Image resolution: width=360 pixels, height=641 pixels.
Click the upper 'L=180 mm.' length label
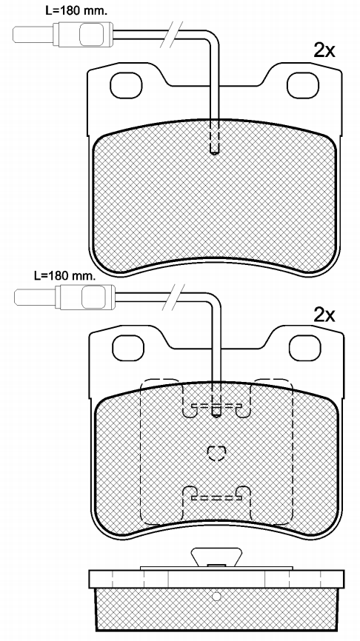click(76, 11)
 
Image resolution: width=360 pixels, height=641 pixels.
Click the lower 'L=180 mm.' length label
click(65, 275)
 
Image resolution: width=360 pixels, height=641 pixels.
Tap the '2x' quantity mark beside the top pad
click(324, 50)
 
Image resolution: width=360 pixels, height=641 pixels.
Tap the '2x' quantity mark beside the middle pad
click(324, 315)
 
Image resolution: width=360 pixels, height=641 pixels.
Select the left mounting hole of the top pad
click(126, 85)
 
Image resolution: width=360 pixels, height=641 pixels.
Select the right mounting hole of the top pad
click(303, 85)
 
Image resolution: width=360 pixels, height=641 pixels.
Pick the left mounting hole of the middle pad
click(128, 349)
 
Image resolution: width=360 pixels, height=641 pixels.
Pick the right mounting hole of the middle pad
click(304, 349)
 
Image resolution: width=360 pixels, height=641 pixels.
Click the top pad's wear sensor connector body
click(83, 34)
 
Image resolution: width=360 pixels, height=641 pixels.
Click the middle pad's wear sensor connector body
click(85, 297)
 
